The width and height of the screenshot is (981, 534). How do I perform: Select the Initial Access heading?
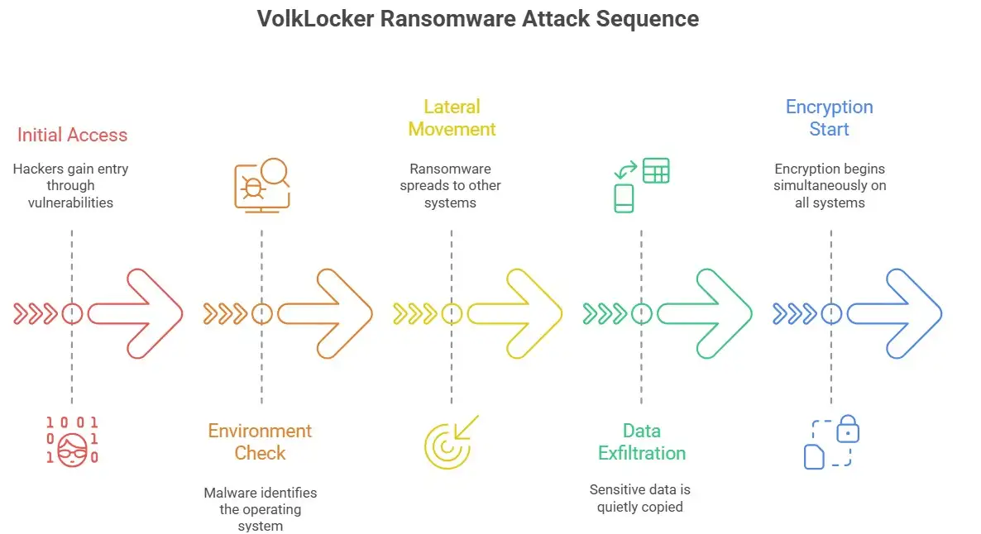(72, 135)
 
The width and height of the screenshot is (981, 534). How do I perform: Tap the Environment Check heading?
(260, 441)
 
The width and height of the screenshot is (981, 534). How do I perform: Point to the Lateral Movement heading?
(452, 118)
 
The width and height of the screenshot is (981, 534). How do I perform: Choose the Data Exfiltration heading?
(642, 441)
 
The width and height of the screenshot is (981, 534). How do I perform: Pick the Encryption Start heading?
(829, 118)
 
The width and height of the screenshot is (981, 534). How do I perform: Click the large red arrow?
(136, 314)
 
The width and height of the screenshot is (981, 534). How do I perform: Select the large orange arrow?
(326, 314)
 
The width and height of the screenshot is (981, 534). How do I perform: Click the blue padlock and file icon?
(831, 441)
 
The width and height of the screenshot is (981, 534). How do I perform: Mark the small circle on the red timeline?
(73, 314)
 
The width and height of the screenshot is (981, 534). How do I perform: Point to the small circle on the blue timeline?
(831, 314)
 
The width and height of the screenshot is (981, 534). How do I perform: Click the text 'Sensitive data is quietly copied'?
(640, 498)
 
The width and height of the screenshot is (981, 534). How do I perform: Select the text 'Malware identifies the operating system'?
(261, 508)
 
